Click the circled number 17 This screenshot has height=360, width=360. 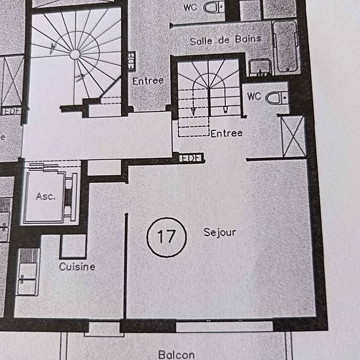pos(166,237)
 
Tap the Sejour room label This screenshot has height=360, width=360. pos(220,233)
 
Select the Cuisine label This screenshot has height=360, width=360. pos(77,266)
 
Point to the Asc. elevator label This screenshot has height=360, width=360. pos(46,196)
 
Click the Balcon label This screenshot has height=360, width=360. pos(176,355)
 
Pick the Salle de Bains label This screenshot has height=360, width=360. pos(225,41)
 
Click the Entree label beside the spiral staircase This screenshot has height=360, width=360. pos(148,81)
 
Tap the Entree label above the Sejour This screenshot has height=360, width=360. pos(226,134)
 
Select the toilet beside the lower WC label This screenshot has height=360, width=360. pos(276,98)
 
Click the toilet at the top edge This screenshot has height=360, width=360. pos(214,7)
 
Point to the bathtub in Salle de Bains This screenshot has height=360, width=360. pos(285,46)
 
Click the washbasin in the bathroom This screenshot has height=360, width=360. pos(260,67)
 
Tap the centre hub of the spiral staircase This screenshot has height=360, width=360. pos(75,54)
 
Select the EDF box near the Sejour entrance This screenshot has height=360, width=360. pos(191,158)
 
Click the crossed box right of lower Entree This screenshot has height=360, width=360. pos(293,137)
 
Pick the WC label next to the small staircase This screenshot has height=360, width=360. pos(254,96)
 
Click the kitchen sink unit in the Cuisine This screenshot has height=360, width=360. pos(27,272)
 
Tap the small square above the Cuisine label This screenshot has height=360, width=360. pos(73,246)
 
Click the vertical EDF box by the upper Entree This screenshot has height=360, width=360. pos(132,61)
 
